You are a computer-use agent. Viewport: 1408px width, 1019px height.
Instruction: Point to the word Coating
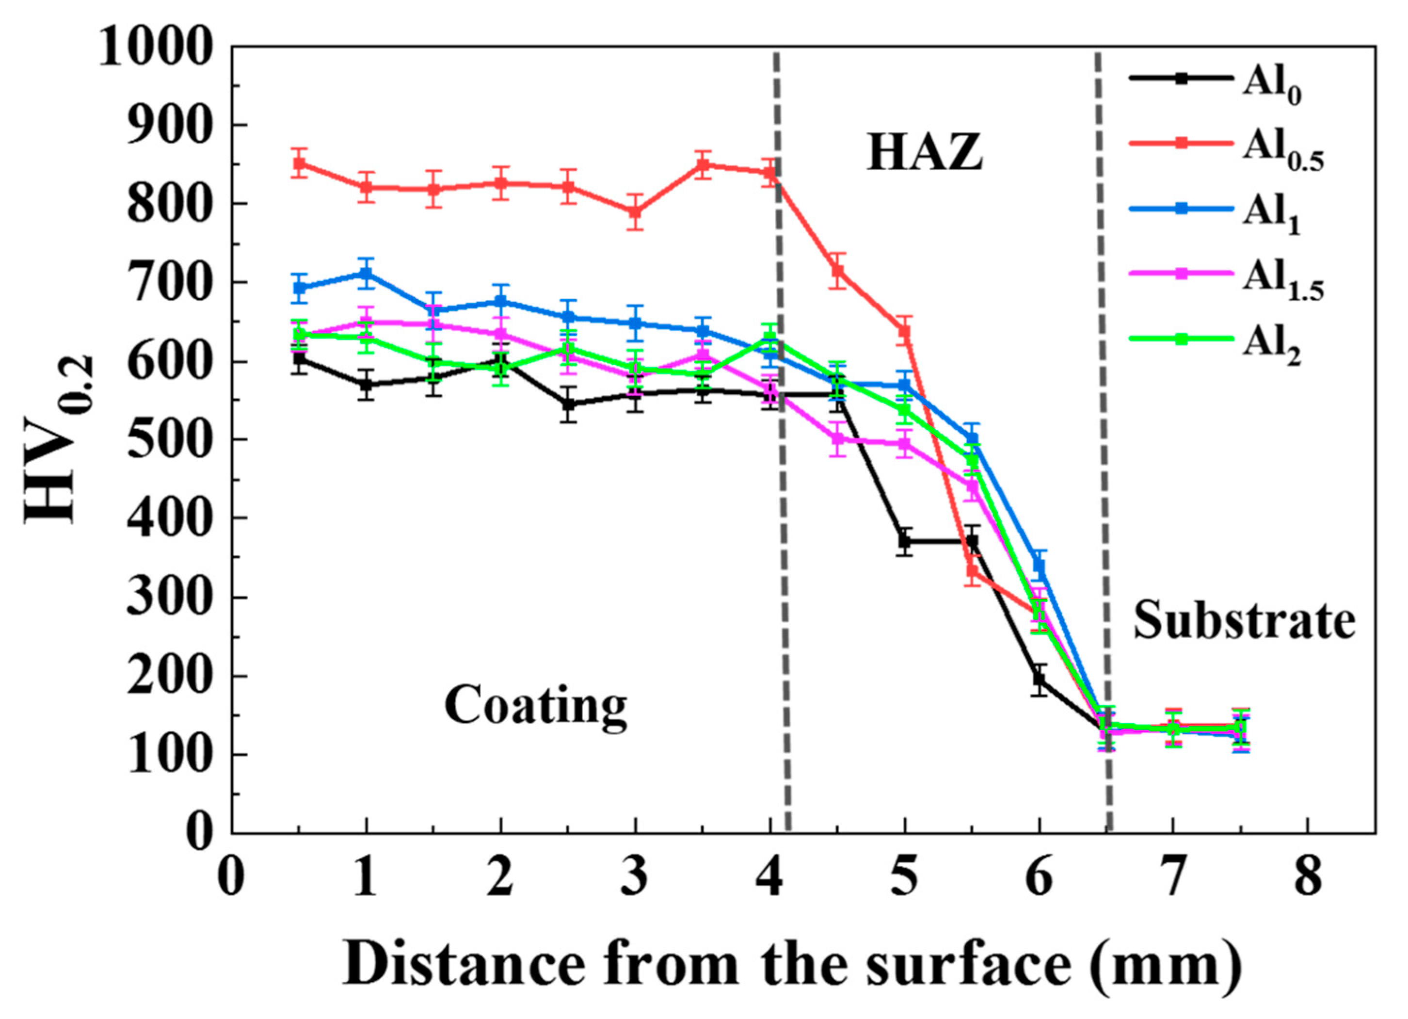point(535,707)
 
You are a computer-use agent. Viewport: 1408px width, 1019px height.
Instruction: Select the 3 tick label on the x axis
point(635,880)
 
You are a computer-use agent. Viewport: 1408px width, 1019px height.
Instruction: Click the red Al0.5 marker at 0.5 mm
point(300,164)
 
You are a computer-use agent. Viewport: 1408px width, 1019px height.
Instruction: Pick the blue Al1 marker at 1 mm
point(367,273)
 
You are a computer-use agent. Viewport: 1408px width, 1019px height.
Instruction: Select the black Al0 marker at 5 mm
point(905,541)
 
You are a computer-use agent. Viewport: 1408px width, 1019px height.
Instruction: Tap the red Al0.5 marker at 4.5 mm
point(837,271)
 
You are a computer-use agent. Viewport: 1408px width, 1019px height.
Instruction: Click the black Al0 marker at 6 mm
point(1039,679)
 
